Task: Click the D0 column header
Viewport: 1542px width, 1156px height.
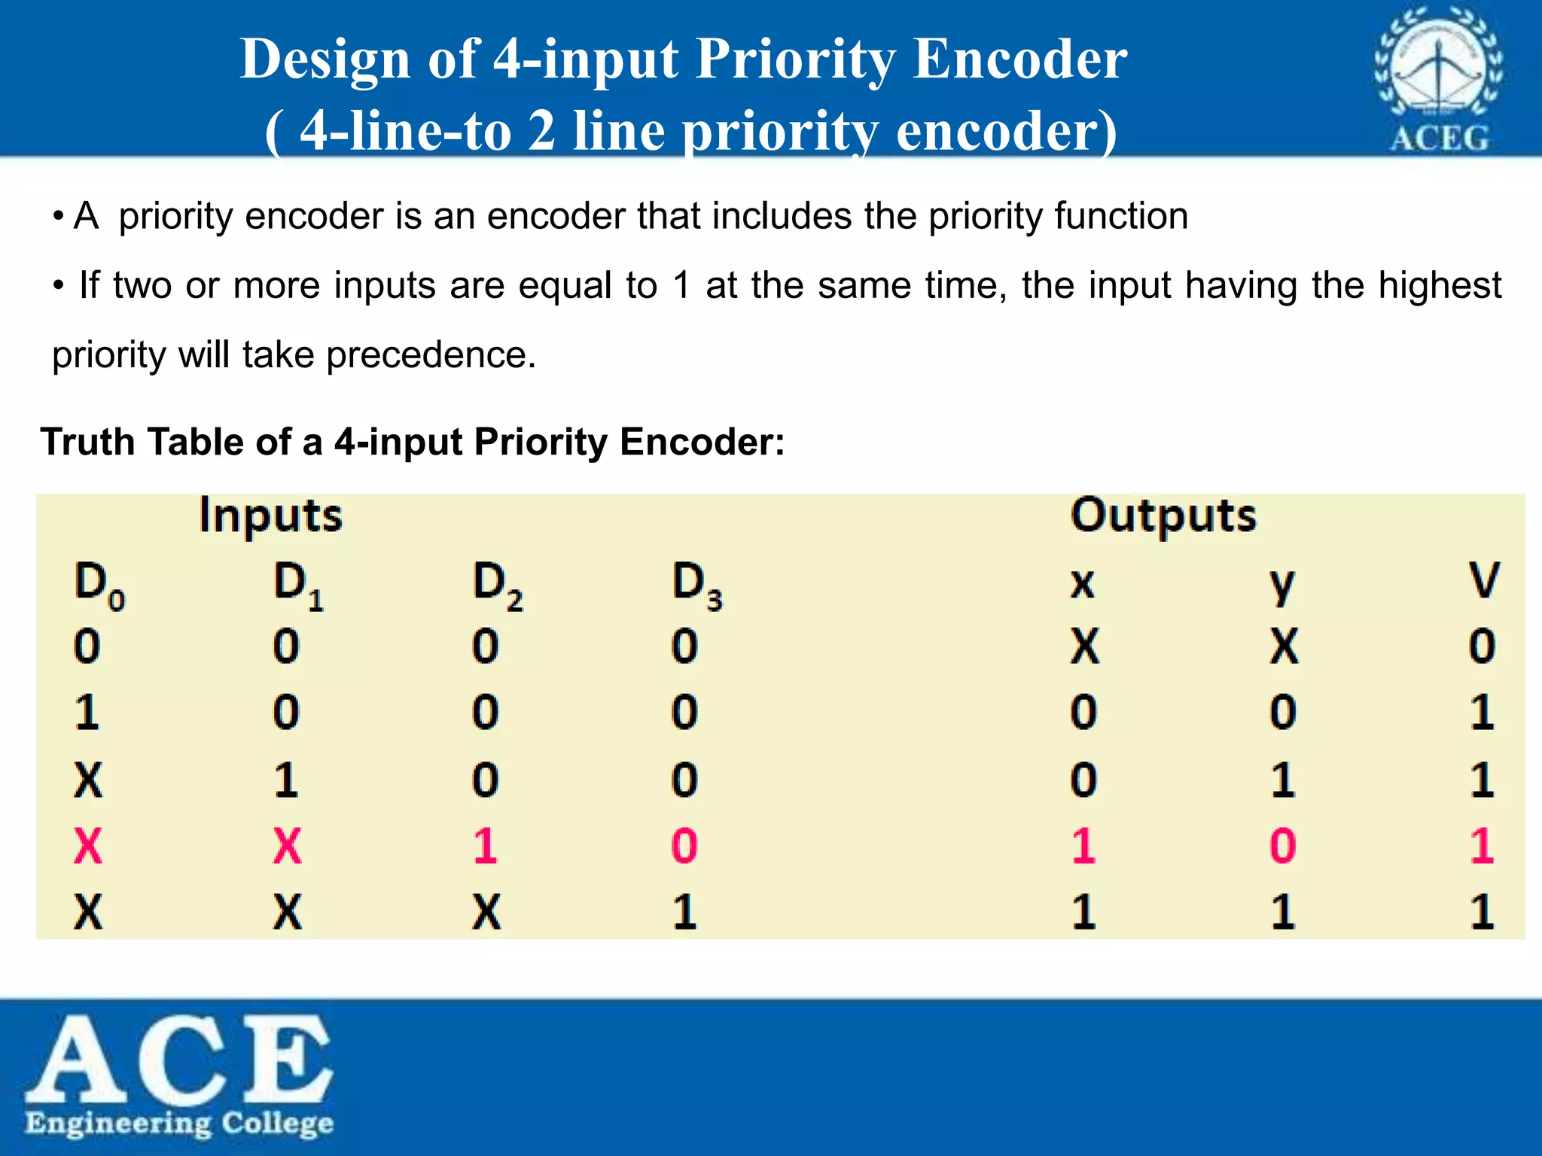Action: click(x=98, y=586)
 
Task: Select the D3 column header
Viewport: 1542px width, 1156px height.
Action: click(x=696, y=586)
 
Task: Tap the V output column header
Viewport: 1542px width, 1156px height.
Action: click(x=1483, y=581)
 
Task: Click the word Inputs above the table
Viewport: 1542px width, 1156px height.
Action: click(x=270, y=517)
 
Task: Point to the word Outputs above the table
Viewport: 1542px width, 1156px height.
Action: click(x=1163, y=517)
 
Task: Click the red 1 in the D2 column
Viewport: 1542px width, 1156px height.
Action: click(x=486, y=846)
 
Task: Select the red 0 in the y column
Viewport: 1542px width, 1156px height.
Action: click(x=1283, y=846)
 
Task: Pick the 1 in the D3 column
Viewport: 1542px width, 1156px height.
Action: click(x=684, y=912)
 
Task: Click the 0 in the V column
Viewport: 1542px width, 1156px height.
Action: click(x=1482, y=646)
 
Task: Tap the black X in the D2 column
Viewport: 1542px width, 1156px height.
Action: click(x=486, y=912)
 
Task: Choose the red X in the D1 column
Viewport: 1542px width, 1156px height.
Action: click(x=287, y=846)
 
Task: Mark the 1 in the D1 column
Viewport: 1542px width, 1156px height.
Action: click(x=286, y=780)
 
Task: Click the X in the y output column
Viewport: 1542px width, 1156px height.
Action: click(x=1284, y=646)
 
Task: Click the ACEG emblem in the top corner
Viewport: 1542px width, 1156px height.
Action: click(x=1439, y=78)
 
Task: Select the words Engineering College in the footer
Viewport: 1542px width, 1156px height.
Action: click(x=179, y=1124)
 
